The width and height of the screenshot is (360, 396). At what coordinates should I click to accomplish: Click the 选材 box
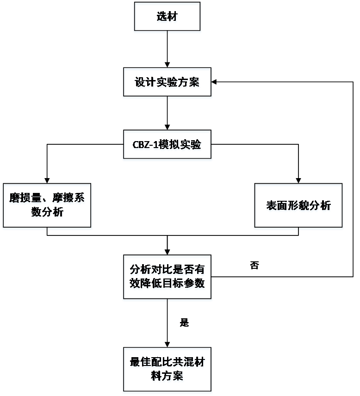pos(167,18)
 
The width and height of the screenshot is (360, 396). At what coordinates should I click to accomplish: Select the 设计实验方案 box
pos(167,83)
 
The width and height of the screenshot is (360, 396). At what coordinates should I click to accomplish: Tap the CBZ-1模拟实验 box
pos(167,145)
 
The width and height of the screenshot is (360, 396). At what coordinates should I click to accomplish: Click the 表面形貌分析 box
pos(298,206)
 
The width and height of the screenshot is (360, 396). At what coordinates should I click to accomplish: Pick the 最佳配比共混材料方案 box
pos(167,370)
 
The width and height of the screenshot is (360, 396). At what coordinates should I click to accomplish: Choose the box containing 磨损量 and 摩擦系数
pos(47,206)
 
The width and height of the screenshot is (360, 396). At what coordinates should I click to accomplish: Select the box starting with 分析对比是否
pos(167,278)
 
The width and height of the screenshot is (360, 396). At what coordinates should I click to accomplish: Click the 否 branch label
pos(254,266)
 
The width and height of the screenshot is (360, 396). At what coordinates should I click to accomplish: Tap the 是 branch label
pos(184,323)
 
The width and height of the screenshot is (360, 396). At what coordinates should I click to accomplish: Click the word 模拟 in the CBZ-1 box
pos(168,145)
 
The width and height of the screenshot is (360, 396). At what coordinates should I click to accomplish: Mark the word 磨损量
pos(26,199)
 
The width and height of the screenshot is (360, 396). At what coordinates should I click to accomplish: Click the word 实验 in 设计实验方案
pos(167,83)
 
